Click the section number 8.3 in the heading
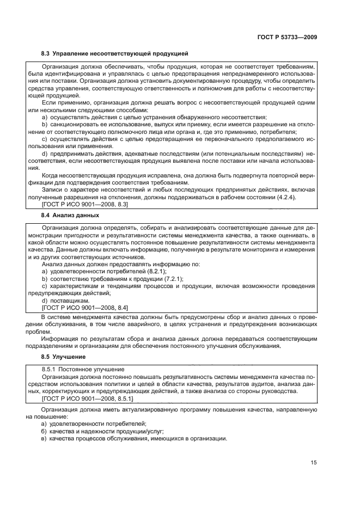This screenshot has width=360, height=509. pyautogui.click(x=46, y=54)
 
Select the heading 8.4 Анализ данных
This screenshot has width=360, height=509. pyautogui.click(x=70, y=215)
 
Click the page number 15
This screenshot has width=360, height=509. pyautogui.click(x=314, y=463)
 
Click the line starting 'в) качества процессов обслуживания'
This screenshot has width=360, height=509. pyautogui.click(x=134, y=439)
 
